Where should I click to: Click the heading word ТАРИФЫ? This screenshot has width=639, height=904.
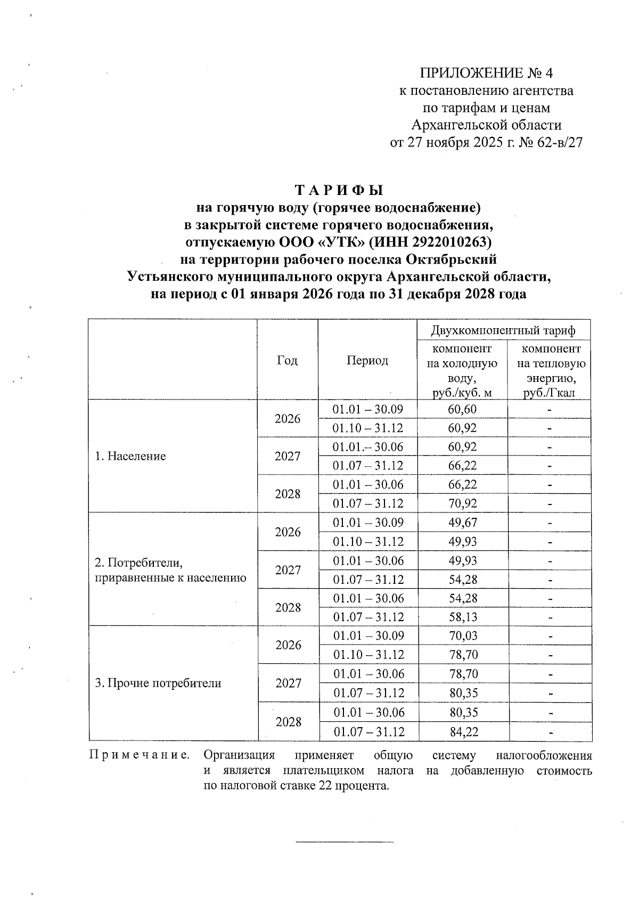(x=339, y=190)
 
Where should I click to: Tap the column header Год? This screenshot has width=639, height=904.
(x=288, y=360)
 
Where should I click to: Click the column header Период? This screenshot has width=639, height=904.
(x=367, y=360)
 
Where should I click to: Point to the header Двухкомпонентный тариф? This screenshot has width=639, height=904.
(x=504, y=331)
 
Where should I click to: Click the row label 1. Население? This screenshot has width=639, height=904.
(x=130, y=456)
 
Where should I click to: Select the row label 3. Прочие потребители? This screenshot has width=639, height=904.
(x=158, y=683)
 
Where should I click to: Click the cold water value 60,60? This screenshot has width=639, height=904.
(x=462, y=409)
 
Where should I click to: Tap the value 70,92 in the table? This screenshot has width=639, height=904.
(x=462, y=503)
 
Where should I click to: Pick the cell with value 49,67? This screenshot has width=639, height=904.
(x=462, y=523)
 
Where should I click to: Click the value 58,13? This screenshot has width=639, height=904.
(x=462, y=617)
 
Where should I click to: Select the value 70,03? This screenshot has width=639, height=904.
(x=462, y=636)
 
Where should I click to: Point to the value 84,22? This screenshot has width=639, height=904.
(x=463, y=732)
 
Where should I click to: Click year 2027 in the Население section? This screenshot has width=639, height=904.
(x=288, y=457)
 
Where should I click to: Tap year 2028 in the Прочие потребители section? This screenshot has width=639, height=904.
(x=289, y=722)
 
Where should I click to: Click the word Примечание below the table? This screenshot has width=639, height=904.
(x=140, y=755)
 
